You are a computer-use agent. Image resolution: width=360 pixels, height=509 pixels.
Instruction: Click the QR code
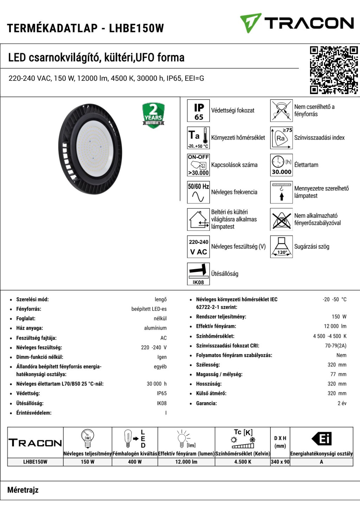click(x=334, y=70)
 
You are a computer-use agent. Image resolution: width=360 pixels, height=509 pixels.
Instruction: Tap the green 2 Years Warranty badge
click(x=153, y=115)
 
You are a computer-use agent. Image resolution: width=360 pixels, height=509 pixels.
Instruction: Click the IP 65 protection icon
click(x=198, y=111)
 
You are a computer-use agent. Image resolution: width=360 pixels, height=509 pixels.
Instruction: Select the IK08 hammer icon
click(x=198, y=274)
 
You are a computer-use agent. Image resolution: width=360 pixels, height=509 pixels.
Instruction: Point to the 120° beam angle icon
click(x=281, y=247)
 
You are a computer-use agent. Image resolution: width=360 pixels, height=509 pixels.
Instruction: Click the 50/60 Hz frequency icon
click(x=198, y=192)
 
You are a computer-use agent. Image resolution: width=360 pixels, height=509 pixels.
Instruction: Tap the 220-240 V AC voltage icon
click(x=198, y=247)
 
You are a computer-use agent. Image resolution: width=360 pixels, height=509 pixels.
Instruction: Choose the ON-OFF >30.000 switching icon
click(x=198, y=165)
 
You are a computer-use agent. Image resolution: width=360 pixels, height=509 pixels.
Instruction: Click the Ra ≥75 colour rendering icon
click(x=281, y=138)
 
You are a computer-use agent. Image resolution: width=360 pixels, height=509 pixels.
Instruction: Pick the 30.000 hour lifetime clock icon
click(x=281, y=165)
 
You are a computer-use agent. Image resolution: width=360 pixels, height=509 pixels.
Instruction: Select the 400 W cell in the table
click(x=135, y=462)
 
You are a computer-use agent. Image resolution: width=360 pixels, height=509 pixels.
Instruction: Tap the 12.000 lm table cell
click(x=186, y=462)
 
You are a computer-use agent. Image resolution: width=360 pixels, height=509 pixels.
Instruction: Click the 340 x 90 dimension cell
click(x=280, y=462)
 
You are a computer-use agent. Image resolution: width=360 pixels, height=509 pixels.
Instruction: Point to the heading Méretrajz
click(x=23, y=490)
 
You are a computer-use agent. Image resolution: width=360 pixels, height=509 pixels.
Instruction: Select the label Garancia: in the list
click(x=206, y=403)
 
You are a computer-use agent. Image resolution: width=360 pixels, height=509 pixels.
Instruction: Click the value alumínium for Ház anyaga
click(x=155, y=328)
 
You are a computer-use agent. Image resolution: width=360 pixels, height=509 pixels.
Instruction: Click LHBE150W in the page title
click(x=136, y=28)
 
